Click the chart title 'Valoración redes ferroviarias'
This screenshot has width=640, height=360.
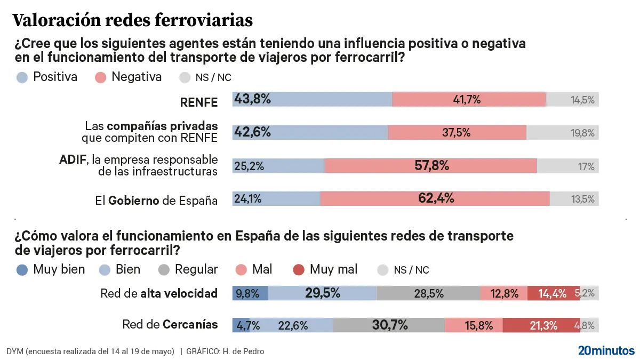point(132,20)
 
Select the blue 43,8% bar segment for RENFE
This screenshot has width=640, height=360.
point(312,99)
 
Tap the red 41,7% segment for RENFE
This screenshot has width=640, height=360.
point(469,99)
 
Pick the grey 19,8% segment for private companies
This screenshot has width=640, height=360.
point(562,133)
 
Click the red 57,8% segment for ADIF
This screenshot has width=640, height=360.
point(430,166)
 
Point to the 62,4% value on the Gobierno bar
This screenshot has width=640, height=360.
point(435,199)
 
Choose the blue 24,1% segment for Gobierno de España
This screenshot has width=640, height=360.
point(276,199)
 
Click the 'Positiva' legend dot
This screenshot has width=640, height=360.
point(22,77)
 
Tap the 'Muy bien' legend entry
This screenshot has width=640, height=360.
point(51,270)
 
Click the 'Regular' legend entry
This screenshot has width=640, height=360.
point(188,270)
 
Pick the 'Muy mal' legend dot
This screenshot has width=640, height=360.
point(299,270)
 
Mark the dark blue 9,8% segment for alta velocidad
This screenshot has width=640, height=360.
point(250,293)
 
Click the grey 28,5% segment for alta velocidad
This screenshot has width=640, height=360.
point(428,293)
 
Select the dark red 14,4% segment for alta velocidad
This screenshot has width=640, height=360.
point(553,293)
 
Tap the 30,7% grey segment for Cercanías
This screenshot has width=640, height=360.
point(389,325)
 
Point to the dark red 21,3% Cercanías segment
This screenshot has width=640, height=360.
point(541,325)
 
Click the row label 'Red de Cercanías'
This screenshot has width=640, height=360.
point(170,324)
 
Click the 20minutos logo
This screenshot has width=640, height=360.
point(606,350)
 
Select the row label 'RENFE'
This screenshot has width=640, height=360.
point(199,102)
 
